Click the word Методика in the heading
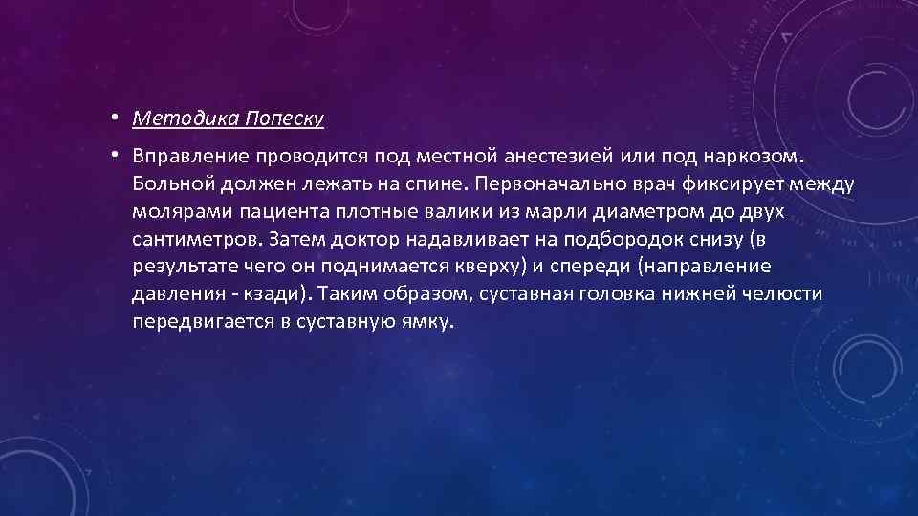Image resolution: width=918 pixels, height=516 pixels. [186, 118]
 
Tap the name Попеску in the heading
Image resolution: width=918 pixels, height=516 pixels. [284, 118]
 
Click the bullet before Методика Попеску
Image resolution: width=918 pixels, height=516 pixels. [112, 118]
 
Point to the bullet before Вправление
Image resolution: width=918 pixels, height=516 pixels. [112, 153]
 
